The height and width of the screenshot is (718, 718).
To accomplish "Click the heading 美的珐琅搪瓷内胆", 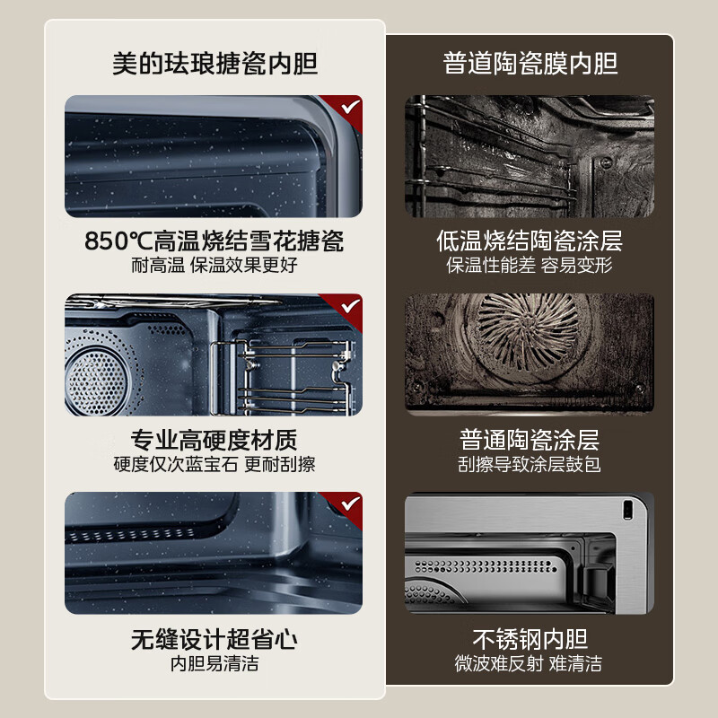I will point(215,64).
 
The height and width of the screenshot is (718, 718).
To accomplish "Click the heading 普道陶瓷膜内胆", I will point(530,64).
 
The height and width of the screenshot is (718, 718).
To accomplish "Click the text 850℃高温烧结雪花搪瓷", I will point(215,241).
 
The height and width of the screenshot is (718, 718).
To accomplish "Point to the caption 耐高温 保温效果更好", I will point(215,266).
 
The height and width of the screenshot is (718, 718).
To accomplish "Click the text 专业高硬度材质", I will point(215,441).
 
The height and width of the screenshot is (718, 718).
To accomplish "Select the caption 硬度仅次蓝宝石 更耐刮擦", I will point(215,465).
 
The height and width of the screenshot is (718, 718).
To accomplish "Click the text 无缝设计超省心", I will point(215,640).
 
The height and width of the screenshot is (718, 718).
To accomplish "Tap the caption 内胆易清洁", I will point(215,664).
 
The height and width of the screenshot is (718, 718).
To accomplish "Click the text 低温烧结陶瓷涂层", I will point(530,241).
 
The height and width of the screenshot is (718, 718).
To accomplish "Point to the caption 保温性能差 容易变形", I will point(530,266).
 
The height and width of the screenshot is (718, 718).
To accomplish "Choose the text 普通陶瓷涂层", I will point(530,441).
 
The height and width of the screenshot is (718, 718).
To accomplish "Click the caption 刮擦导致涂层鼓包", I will point(530,465).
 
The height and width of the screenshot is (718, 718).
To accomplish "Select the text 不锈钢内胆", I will point(530,640).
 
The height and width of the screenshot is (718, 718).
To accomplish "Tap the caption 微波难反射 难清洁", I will point(530,664).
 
